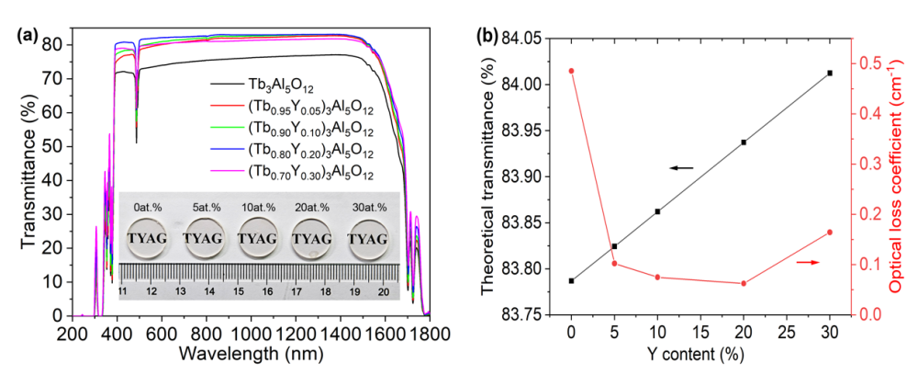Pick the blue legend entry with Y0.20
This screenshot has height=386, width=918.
[x=310, y=150]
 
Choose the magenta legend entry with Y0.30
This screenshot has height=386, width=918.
[x=310, y=171]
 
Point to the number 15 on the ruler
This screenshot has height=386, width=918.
[x=239, y=290]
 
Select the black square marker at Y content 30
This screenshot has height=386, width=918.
[x=830, y=73]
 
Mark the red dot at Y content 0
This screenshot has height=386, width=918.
[x=571, y=71]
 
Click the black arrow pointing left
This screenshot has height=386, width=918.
[x=680, y=168]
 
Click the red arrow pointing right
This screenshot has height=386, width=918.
[x=808, y=263]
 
